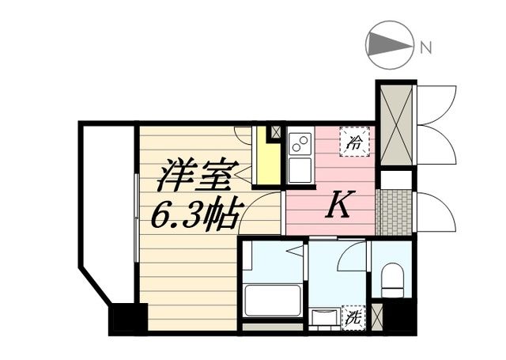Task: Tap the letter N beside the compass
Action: pos(425,47)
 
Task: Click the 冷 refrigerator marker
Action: pos(355,142)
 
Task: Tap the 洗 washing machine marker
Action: pos(353,317)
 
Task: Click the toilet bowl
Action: pos(392,279)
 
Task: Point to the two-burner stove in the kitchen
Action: pos(300,143)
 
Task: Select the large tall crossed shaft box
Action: pos(395,124)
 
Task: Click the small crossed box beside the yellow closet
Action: pos(275,131)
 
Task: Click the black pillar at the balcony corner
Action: pos(127,318)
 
